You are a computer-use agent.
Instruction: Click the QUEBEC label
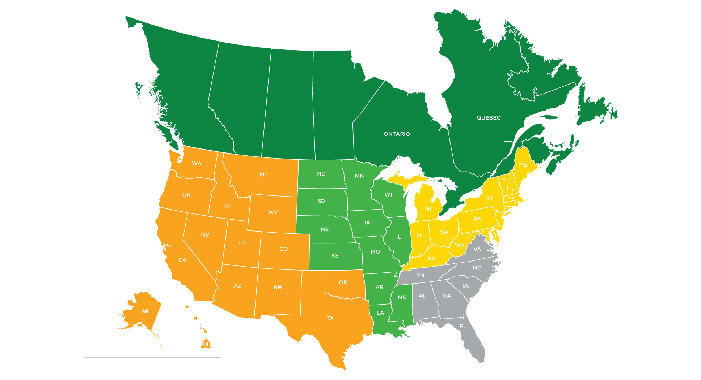tap(488, 118)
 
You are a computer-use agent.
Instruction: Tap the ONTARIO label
tap(397, 134)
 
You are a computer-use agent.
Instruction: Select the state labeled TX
tap(330, 318)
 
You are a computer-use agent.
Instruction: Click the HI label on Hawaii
tap(206, 344)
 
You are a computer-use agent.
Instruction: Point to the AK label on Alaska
tap(145, 311)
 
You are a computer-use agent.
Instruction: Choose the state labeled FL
tap(463, 327)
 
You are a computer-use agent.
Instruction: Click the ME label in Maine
tap(523, 165)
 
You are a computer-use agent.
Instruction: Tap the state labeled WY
tap(273, 212)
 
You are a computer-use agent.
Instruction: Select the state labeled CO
tap(283, 249)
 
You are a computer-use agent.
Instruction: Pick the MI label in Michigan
tap(428, 209)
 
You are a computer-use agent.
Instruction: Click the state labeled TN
tap(420, 276)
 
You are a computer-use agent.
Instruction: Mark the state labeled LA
tap(380, 313)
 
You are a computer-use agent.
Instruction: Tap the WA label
tap(197, 163)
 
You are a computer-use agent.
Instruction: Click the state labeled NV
tap(205, 235)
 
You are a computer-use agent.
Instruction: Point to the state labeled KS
tap(335, 256)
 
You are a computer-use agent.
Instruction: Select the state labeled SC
tap(466, 286)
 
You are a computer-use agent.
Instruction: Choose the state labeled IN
tap(419, 236)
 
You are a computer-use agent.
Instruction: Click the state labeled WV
tap(460, 245)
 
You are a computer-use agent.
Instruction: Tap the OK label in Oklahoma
tap(343, 282)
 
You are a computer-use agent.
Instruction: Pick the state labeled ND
tap(321, 174)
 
